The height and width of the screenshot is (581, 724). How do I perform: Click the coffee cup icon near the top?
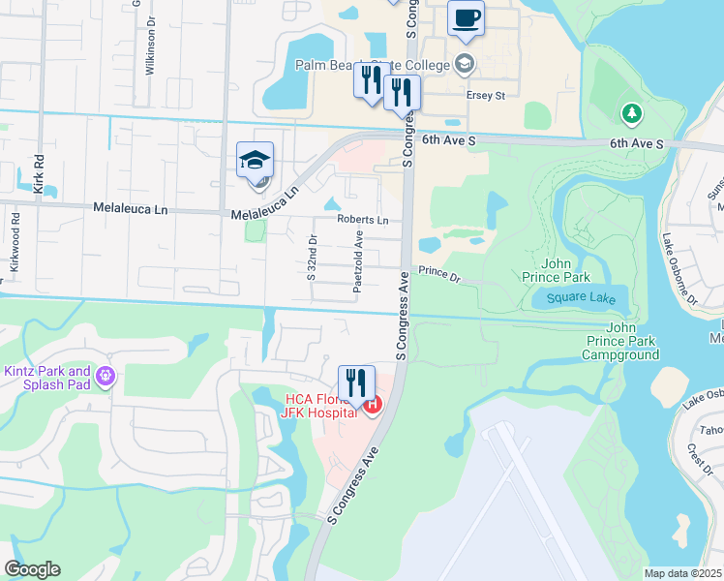466,18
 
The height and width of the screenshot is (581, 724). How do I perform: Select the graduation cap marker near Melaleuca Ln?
256,162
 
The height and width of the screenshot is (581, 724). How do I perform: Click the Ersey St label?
486,96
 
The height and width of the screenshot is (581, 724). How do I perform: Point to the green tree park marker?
633,114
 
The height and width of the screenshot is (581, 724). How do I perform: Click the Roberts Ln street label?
362,220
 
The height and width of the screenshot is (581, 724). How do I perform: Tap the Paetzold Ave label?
358,261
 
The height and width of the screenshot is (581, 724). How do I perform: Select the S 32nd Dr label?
312,258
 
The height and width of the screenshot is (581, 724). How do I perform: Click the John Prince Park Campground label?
620,341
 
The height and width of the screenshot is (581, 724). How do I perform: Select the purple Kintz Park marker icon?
106,375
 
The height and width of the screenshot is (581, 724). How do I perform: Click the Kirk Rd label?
40,173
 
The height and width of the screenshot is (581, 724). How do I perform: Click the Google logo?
32,569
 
